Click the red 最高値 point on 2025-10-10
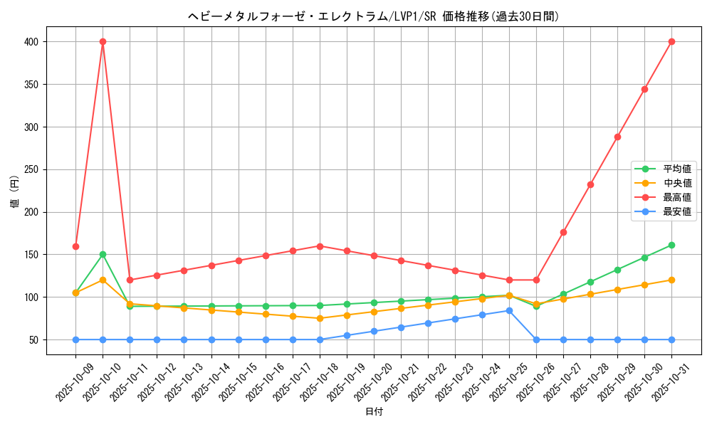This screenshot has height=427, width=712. click(103, 41)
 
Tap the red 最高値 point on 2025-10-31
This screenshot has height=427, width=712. click(671, 41)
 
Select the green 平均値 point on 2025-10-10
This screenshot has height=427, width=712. click(103, 254)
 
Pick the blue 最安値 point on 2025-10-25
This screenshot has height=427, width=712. click(509, 310)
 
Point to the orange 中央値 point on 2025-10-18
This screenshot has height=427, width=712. click(320, 318)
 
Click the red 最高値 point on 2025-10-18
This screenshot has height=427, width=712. click(320, 246)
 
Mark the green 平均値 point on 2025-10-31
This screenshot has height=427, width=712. click(671, 245)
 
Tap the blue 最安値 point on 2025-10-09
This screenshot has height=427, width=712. click(75, 339)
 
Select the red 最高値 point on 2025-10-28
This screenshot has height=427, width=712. click(590, 184)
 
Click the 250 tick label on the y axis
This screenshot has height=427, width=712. click(31, 169)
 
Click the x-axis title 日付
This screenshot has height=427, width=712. click(374, 412)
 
